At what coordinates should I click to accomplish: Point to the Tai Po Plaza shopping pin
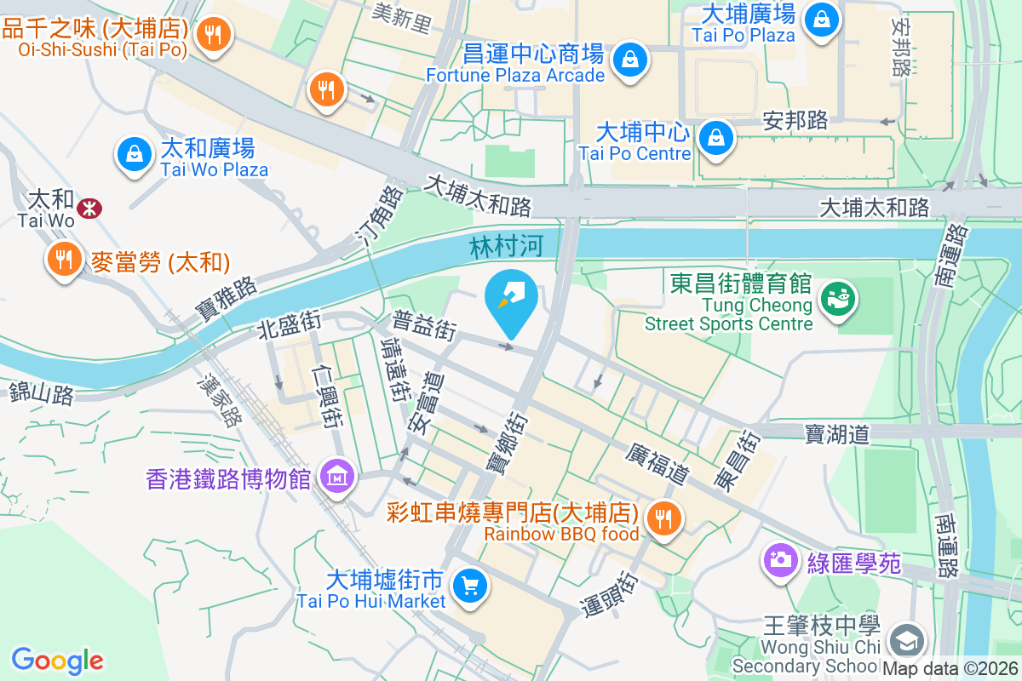click(821, 19)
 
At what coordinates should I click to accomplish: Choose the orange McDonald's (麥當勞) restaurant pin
click(64, 258)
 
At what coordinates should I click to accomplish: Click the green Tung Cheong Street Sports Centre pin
click(838, 299)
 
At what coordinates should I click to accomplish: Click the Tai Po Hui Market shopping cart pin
click(468, 586)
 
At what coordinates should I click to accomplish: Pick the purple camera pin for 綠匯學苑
click(779, 560)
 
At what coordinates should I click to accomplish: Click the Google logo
click(57, 660)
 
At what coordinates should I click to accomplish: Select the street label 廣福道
click(655, 463)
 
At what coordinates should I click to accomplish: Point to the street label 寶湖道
click(837, 435)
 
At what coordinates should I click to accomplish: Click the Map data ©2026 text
click(950, 669)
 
